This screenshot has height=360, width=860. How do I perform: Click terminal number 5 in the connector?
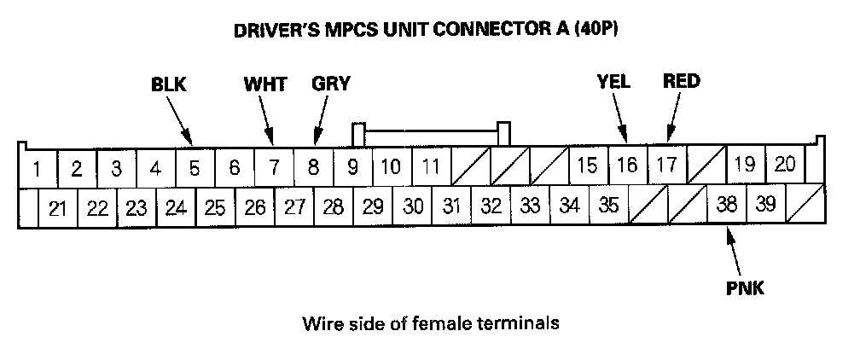tap(195, 168)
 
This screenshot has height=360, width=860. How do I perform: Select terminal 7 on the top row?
tap(274, 168)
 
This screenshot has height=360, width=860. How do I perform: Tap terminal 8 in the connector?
tap(313, 168)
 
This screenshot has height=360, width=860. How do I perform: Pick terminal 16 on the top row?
tap(627, 165)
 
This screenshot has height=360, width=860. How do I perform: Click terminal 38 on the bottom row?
tap(727, 205)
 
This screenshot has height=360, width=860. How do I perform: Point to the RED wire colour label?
tap(681, 82)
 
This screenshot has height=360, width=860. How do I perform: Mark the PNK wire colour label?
tap(745, 289)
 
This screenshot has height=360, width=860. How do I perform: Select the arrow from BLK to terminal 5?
tap(179, 119)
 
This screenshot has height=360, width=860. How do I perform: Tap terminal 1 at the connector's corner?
tap(37, 168)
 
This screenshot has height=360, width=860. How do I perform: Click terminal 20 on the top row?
tap(785, 165)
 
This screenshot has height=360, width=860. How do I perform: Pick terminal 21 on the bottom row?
tap(58, 208)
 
